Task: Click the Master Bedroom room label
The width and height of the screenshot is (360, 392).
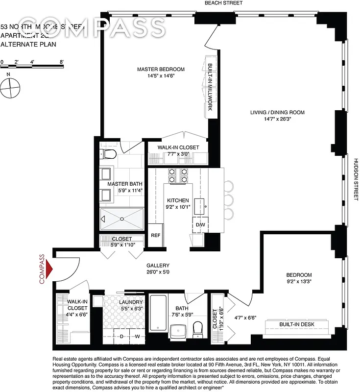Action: tap(161, 69)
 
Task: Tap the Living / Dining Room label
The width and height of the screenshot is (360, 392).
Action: tap(277, 112)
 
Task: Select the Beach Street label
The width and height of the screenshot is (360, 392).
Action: tap(223, 3)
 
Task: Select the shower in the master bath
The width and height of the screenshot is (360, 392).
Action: tap(122, 219)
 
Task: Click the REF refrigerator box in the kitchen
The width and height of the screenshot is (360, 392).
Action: tap(155, 235)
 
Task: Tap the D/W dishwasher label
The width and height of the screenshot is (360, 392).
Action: tap(200, 225)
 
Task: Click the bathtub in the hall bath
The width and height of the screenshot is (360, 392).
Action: tap(158, 314)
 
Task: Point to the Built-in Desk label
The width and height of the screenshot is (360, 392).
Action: tap(299, 325)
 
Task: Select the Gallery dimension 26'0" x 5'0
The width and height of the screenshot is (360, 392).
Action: tap(158, 273)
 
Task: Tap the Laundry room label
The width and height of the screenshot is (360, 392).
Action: tap(131, 302)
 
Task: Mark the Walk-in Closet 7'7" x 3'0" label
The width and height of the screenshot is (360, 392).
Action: tap(178, 147)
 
